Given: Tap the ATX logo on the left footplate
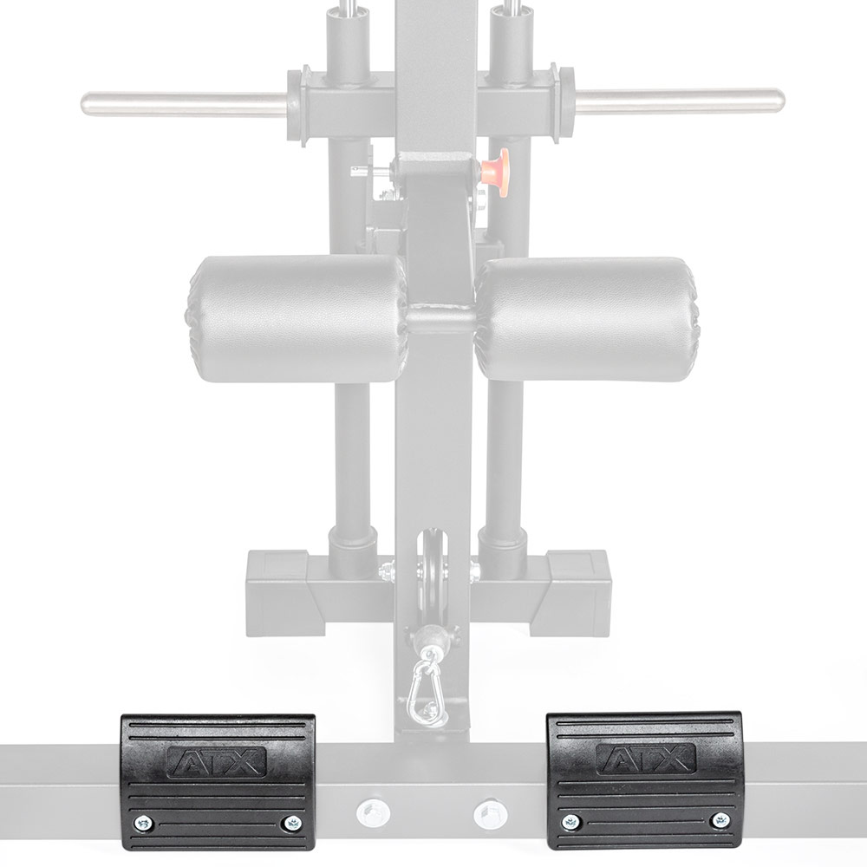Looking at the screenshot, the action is pos(216,762).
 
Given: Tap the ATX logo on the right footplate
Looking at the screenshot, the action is pos(646,759).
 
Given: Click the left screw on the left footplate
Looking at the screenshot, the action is pos(145,824).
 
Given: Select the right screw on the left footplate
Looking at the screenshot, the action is pos(291,824).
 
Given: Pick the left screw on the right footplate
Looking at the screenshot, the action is pos(570,822).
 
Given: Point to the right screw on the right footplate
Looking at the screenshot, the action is pos(720,819).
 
